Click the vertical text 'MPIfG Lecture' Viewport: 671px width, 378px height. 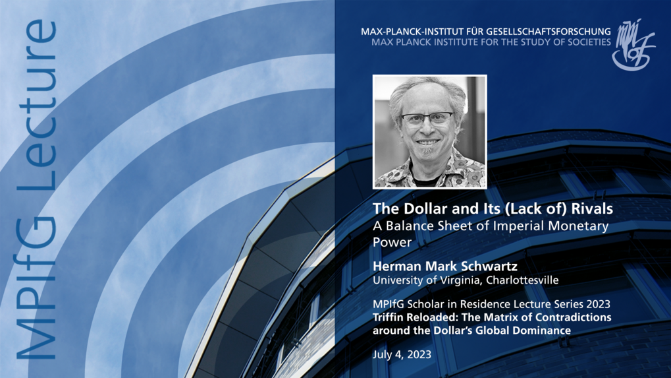point(36,191)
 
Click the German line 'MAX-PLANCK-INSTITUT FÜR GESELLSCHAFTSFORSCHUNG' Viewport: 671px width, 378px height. point(485,31)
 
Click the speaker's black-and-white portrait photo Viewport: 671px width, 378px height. point(429,131)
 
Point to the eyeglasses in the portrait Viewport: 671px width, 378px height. point(427,119)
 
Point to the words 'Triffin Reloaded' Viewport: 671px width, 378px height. point(413,317)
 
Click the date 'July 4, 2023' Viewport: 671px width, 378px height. point(402,354)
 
